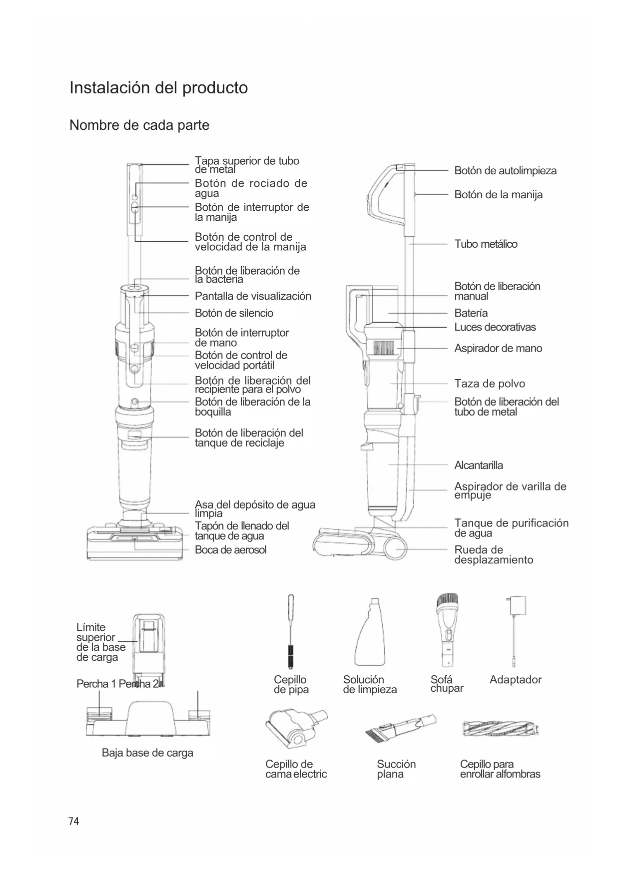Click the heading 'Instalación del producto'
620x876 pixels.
pos(158,88)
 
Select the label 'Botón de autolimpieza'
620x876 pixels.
pos(505,171)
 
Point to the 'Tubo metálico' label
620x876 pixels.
pos(486,244)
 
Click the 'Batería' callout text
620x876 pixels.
pos(471,313)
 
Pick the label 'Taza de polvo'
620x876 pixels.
pos(490,384)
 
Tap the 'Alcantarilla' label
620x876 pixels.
pos(479,465)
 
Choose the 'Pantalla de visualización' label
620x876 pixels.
pos(253,296)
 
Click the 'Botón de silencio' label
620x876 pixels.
pos(234,313)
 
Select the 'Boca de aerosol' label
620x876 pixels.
pos(230,550)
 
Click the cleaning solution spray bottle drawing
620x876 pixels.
pos(370,632)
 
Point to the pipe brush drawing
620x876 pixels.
pos(291,631)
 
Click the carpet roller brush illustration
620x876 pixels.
pos(501,730)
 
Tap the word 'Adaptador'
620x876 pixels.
pos(515,680)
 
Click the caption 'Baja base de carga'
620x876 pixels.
pos(147,753)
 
